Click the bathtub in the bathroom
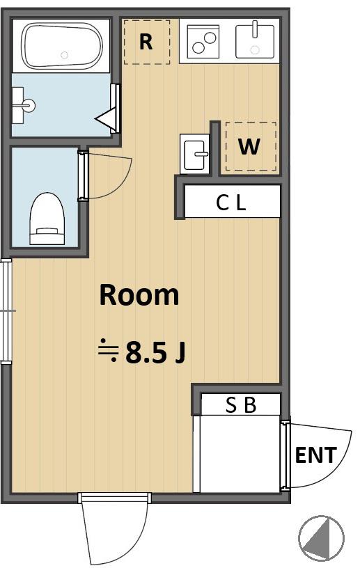(x=62, y=45)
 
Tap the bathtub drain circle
(x=65, y=56)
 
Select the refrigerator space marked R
(x=146, y=42)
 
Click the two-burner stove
(x=203, y=42)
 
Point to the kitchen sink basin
(x=255, y=42)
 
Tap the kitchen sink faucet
(x=255, y=29)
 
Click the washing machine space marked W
(x=251, y=146)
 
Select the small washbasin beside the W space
(x=194, y=154)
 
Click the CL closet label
(x=230, y=203)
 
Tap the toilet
(x=47, y=219)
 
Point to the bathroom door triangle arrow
(x=107, y=118)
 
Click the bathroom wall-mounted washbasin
(x=23, y=105)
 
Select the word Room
(x=139, y=295)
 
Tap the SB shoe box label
(x=241, y=405)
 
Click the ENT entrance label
(x=316, y=455)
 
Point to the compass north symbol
(x=321, y=538)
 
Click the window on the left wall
(x=6, y=311)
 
